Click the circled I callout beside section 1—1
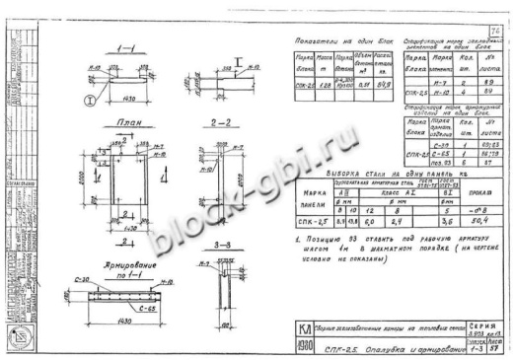92,98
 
